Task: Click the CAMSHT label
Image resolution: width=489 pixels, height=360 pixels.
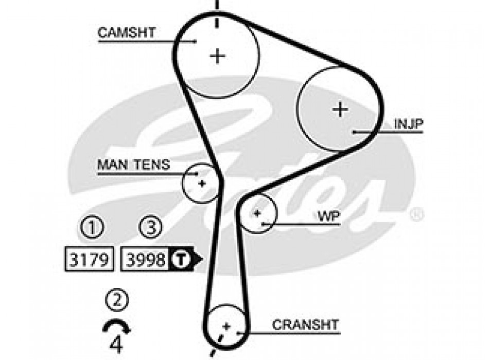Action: click(126, 32)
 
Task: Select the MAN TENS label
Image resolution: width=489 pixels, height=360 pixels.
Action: click(133, 165)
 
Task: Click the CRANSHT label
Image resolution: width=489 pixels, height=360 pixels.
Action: click(305, 325)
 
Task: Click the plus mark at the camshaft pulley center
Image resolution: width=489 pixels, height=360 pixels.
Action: click(218, 55)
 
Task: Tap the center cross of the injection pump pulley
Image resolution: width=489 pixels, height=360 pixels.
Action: click(340, 109)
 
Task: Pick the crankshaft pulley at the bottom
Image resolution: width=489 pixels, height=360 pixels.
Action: click(226, 326)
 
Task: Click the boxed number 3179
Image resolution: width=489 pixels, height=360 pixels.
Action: click(89, 259)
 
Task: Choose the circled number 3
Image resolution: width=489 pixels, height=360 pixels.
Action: click(151, 227)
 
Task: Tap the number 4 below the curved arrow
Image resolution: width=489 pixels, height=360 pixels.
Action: click(117, 344)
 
